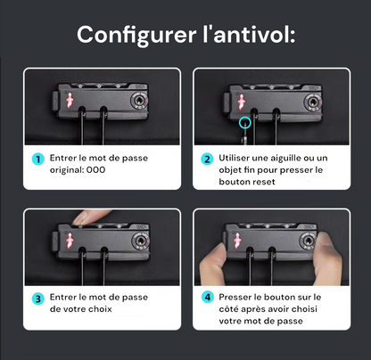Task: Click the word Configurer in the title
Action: pyautogui.click(x=136, y=36)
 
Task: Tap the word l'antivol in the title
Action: pyautogui.click(x=249, y=34)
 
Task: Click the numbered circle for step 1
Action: pyautogui.click(x=38, y=160)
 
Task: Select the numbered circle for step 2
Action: pyautogui.click(x=207, y=160)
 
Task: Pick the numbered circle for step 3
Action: pyautogui.click(x=38, y=299)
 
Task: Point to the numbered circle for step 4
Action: pyautogui.click(x=207, y=297)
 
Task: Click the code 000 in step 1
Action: pyautogui.click(x=95, y=170)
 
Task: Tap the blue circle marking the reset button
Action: pyautogui.click(x=245, y=122)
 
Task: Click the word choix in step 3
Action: pyautogui.click(x=100, y=309)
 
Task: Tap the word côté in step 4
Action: pyautogui.click(x=228, y=309)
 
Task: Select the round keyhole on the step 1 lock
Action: pyautogui.click(x=139, y=100)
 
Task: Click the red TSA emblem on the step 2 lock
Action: pyautogui.click(x=241, y=102)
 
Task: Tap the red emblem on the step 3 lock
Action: pyautogui.click(x=70, y=241)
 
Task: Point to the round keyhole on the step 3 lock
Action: pyautogui.click(x=141, y=241)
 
